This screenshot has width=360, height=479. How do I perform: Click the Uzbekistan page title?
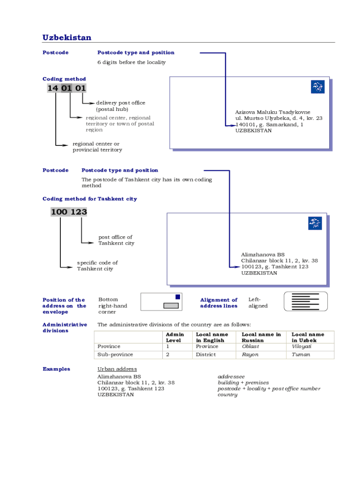point(66,37)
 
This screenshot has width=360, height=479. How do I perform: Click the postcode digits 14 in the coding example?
point(53,88)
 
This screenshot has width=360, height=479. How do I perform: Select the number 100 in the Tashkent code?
point(59,212)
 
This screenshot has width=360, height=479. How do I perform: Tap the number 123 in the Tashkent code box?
point(79,212)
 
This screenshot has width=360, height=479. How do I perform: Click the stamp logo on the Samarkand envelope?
point(317,87)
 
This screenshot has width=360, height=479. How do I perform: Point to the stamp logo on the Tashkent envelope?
point(315,223)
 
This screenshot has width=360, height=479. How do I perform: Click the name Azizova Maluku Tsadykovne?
point(273,112)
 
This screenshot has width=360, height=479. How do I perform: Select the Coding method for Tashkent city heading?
point(90,199)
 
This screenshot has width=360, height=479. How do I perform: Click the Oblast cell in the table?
point(251,347)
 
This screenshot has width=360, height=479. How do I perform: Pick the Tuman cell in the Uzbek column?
point(301,355)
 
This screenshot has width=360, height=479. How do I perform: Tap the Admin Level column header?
point(175,337)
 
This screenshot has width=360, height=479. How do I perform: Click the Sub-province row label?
point(115,355)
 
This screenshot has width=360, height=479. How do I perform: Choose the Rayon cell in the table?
point(250,355)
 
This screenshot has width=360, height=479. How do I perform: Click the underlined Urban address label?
point(117,369)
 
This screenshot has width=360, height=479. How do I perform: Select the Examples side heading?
point(56,369)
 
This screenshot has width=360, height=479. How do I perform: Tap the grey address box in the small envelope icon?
point(171,305)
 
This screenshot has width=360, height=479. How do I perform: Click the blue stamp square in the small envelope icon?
point(178,297)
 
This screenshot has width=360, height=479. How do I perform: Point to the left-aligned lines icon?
point(306,302)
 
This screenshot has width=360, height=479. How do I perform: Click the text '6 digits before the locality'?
point(131,62)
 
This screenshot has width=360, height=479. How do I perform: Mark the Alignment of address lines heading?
point(219,303)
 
